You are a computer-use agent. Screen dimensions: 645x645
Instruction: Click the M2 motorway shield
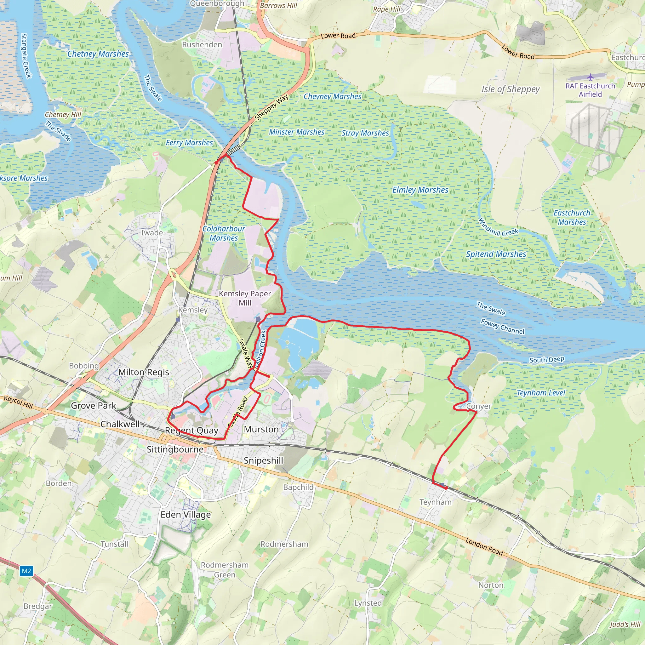[26, 571]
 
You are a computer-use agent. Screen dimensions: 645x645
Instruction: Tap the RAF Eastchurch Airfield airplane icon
[590, 77]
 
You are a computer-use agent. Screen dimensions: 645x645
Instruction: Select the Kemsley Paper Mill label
[245, 298]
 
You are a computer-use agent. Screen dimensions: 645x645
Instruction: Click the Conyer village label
[478, 406]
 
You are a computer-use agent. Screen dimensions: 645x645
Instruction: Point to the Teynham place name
[435, 502]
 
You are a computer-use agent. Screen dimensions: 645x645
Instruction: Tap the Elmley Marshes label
[420, 190]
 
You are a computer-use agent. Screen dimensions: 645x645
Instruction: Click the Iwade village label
[152, 233]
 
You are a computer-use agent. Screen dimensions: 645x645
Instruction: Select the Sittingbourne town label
[175, 449]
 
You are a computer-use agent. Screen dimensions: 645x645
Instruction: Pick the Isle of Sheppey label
[510, 89]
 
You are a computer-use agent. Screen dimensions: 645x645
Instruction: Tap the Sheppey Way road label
[271, 107]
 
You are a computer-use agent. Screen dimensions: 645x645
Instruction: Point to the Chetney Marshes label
[98, 54]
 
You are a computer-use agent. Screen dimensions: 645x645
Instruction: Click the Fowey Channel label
[502, 327]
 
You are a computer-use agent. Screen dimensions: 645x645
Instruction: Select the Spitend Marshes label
[496, 254]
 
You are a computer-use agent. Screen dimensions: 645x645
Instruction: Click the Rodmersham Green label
[224, 570]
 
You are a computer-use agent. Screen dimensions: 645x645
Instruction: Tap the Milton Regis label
[144, 372]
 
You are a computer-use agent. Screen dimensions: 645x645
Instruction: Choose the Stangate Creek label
[26, 55]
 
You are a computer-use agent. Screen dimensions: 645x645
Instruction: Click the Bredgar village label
[38, 606]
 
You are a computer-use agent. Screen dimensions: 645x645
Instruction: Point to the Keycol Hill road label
[18, 402]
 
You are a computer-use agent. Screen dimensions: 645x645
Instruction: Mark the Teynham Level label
[540, 393]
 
